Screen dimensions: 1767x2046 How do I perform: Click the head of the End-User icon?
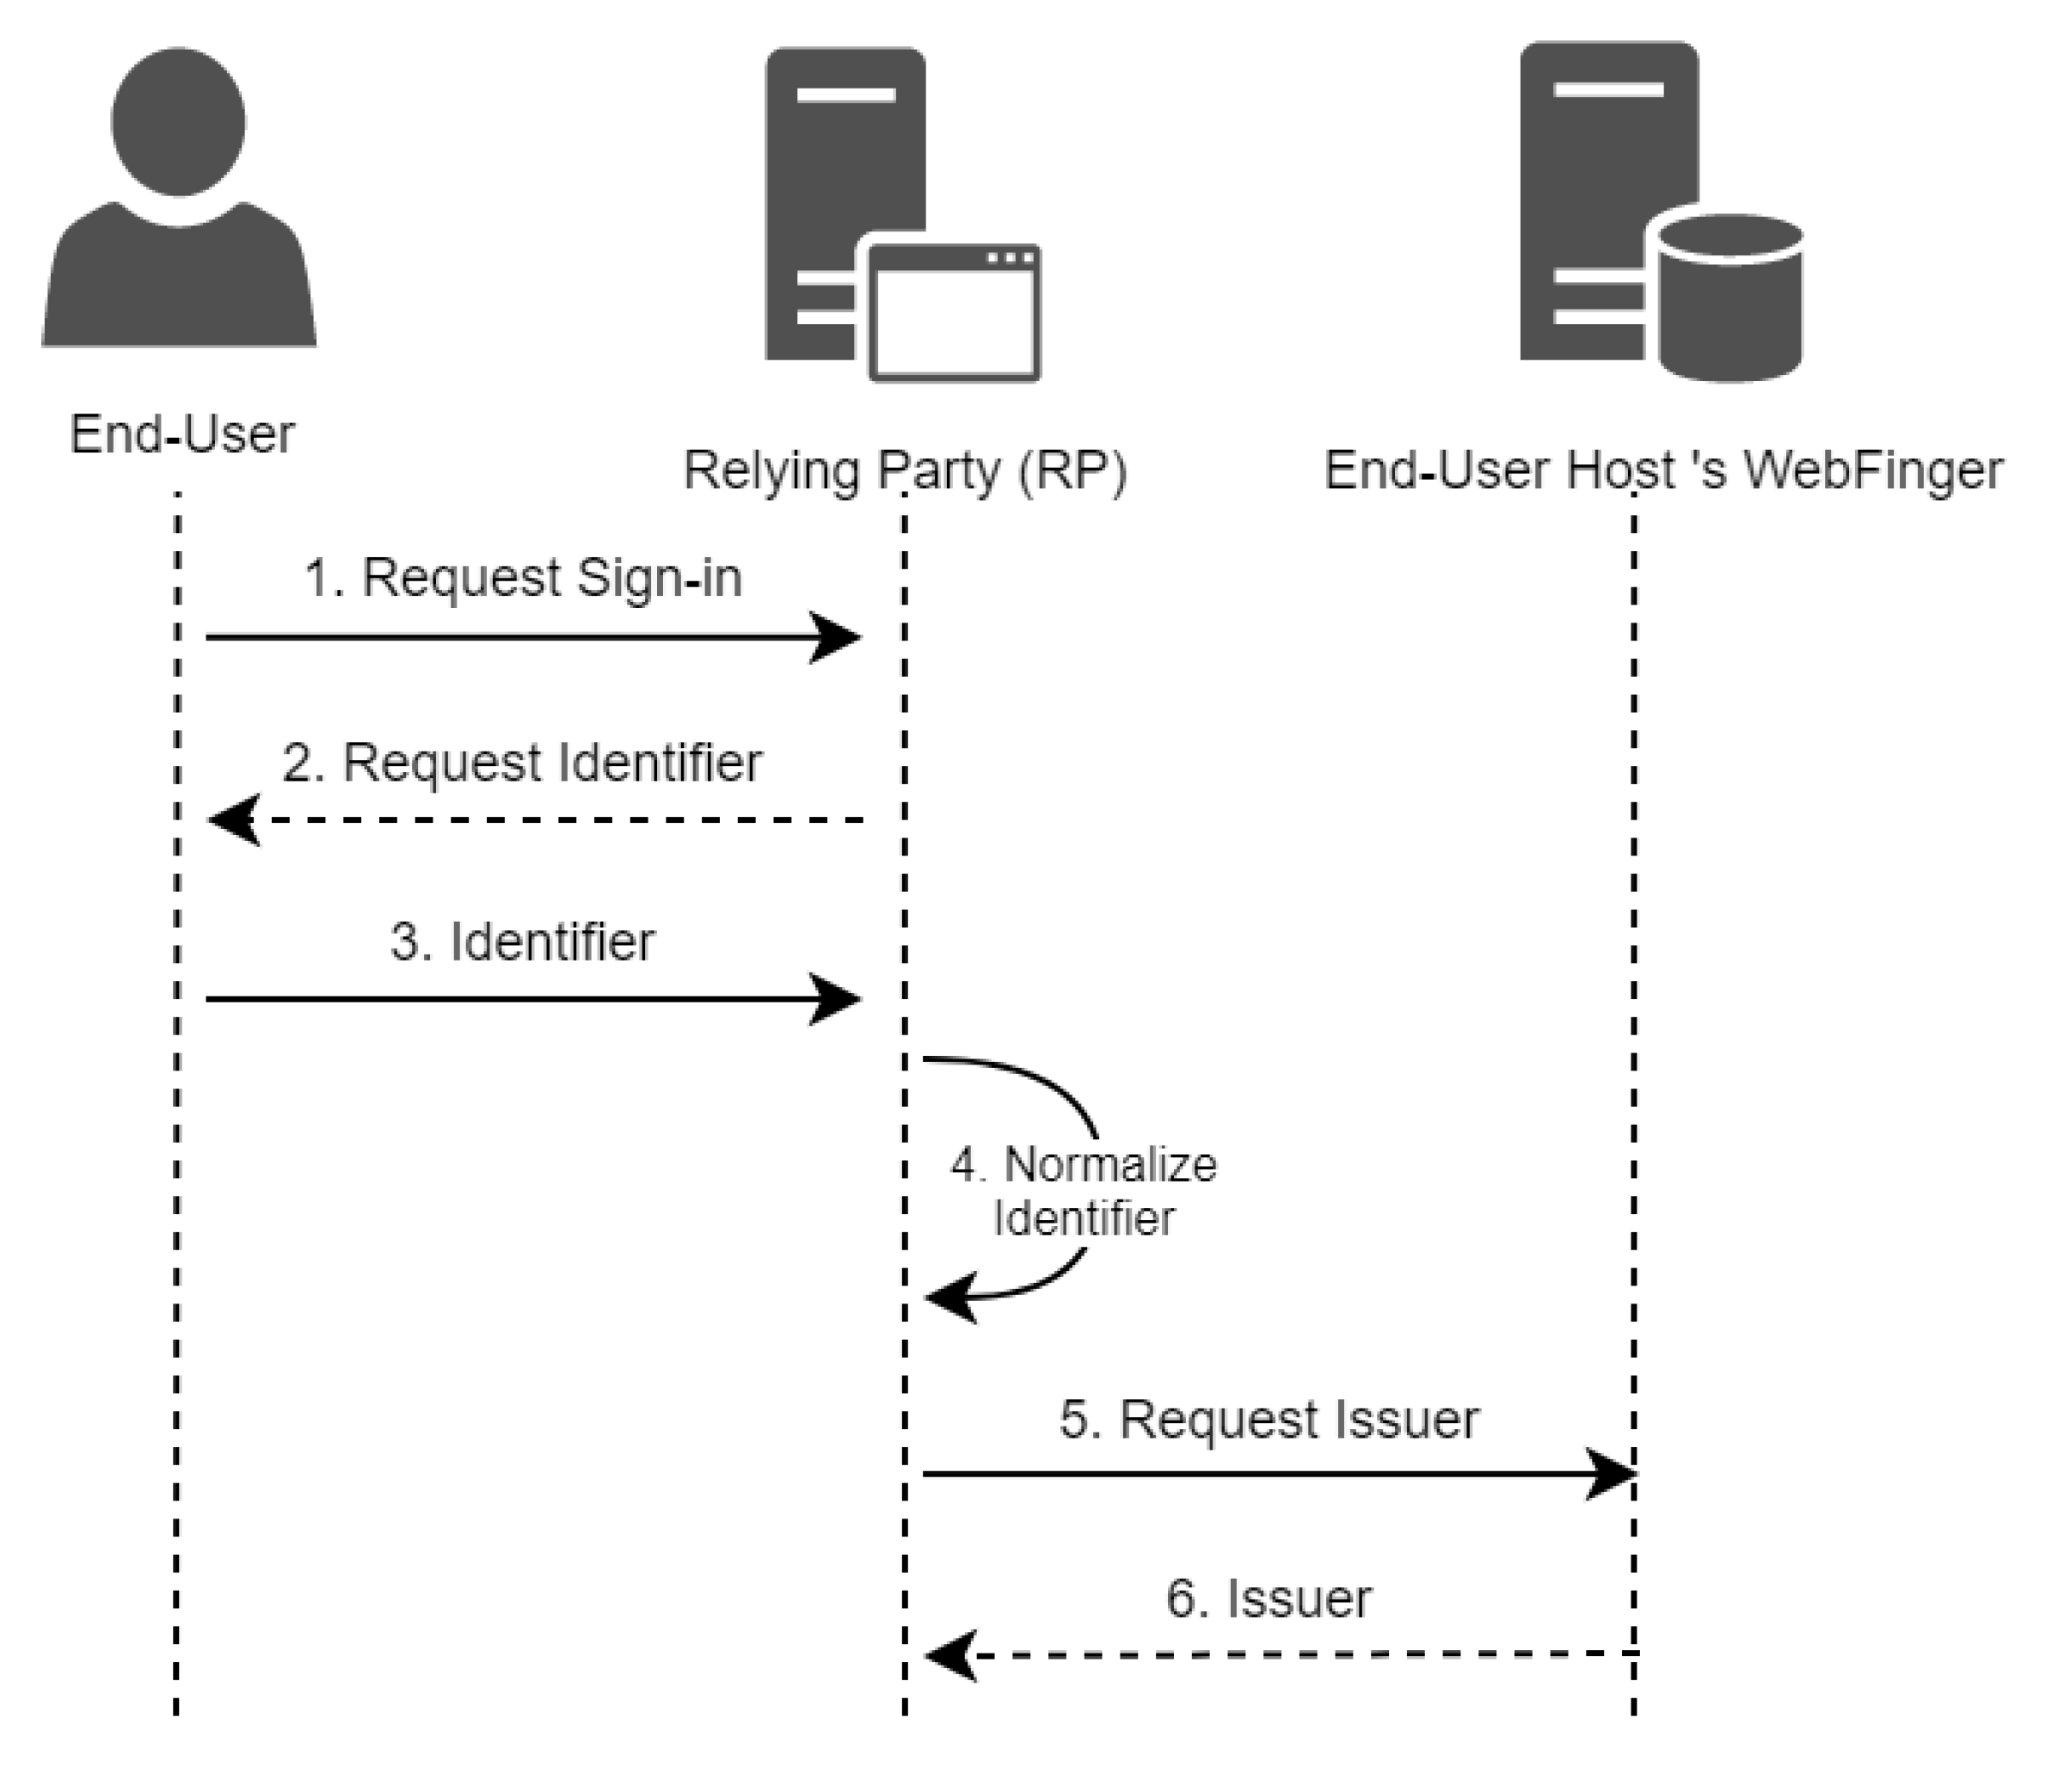[x=179, y=120]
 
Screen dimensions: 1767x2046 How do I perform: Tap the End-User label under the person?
[x=181, y=434]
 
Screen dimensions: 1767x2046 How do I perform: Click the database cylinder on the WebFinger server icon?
[x=1730, y=302]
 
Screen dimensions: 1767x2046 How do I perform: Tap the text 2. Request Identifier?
[x=521, y=762]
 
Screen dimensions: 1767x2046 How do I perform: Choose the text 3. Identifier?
[x=521, y=942]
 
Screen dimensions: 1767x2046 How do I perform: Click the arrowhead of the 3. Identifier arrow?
[x=839, y=999]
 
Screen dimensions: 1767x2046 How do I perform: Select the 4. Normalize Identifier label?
[x=1084, y=1192]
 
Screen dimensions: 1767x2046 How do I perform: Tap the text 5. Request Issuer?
[x=1269, y=1420]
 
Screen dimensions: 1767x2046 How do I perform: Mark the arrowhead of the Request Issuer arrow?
[x=1613, y=1475]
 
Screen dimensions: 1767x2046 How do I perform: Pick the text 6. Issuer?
[x=1269, y=1600]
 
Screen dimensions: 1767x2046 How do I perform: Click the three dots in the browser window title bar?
[x=1011, y=258]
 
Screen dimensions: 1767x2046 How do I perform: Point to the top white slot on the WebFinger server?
[x=1607, y=89]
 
